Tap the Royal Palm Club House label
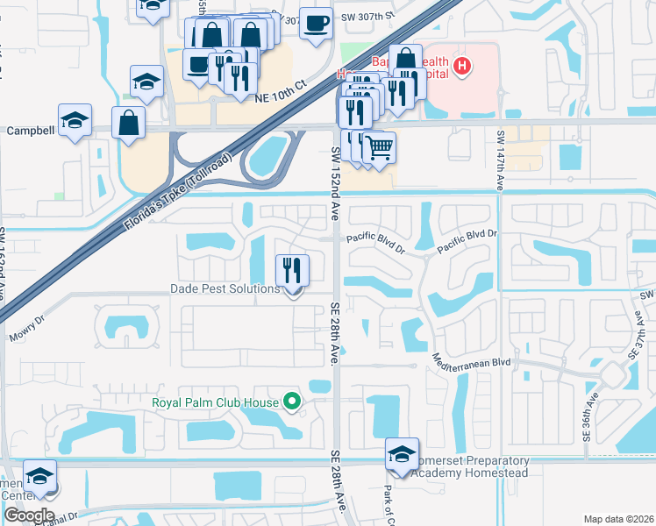tap(215, 402)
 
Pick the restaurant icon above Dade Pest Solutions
tap(292, 269)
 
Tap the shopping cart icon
tap(379, 146)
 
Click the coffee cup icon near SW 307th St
tap(317, 23)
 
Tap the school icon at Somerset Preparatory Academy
tap(401, 455)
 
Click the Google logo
tap(30, 515)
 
